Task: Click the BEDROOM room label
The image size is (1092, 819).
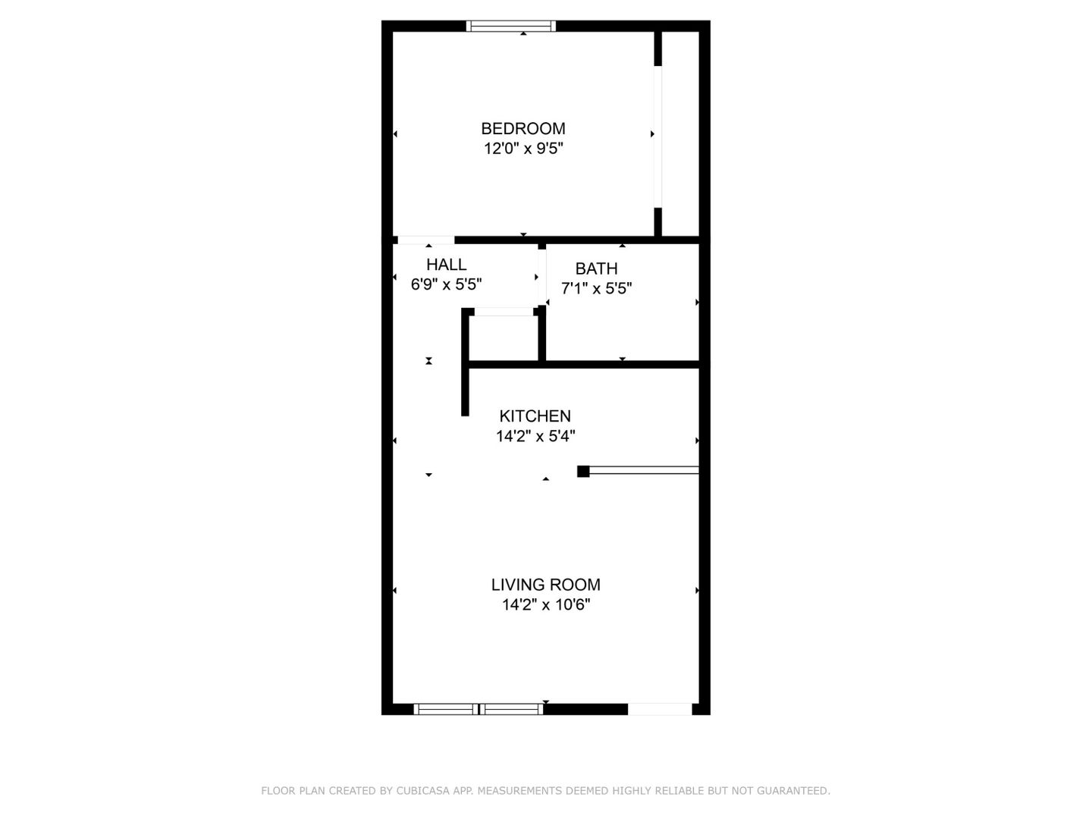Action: coord(523,128)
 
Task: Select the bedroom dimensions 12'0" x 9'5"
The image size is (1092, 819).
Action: coord(523,149)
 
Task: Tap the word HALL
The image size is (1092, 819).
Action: coord(446,265)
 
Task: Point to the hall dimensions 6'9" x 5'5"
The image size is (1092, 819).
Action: coord(446,284)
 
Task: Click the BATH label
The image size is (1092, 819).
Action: coord(596,268)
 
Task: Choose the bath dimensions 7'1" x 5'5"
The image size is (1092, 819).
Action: coord(596,288)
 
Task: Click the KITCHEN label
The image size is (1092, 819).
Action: coord(535,416)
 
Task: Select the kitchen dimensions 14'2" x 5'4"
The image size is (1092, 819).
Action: coord(535,436)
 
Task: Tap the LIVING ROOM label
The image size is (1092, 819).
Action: coord(545,585)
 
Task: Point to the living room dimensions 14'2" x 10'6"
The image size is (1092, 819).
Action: coord(545,604)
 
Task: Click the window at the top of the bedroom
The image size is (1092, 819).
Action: coord(511,27)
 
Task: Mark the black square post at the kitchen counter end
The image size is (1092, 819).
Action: coord(583,471)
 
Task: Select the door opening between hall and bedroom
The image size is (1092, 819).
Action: coord(425,240)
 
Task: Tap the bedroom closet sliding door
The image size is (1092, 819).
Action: coord(658,136)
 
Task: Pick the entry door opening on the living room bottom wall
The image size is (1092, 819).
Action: coord(660,709)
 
